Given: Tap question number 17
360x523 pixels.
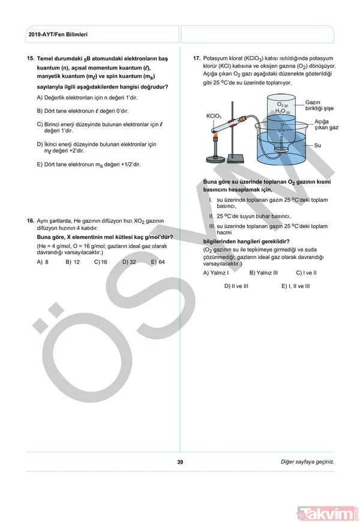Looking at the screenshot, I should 196,58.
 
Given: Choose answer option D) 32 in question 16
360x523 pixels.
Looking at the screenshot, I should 129,262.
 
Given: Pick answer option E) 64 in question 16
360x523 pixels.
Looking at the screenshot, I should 158,262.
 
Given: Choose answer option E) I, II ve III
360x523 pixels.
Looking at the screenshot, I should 295,286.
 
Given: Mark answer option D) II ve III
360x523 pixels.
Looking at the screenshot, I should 236,286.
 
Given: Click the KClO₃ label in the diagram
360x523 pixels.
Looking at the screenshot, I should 214,116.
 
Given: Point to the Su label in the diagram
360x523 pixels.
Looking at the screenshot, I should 318,145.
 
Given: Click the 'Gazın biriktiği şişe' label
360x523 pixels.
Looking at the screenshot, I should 319,105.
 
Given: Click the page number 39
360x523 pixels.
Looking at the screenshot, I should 180,462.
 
